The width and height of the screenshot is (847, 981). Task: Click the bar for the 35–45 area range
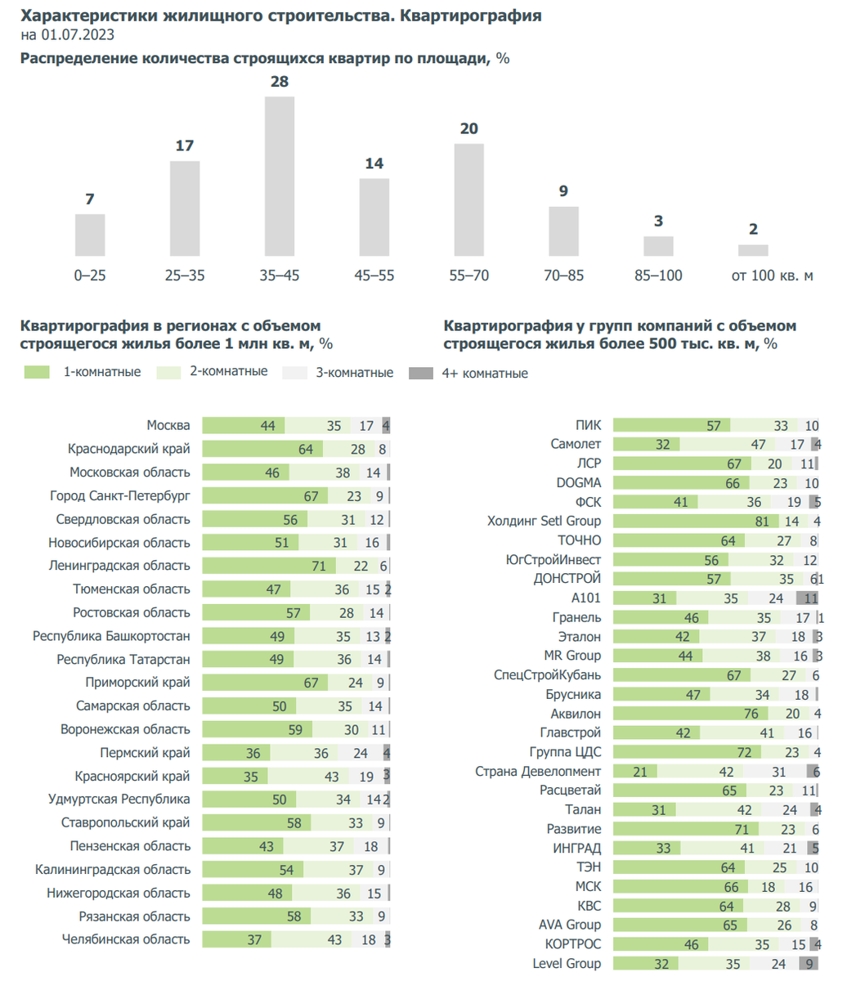[280, 176]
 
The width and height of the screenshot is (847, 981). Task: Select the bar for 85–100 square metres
[658, 246]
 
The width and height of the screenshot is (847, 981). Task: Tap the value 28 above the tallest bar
[280, 82]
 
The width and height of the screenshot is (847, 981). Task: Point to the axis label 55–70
[469, 275]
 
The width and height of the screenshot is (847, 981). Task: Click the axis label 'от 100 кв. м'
[772, 275]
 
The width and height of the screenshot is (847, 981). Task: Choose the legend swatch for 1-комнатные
[38, 373]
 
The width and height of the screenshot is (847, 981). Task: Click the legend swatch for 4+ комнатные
[420, 374]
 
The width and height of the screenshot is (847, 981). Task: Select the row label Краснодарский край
[129, 449]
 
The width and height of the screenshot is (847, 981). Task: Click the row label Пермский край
[145, 753]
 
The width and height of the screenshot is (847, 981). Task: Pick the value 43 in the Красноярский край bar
[332, 777]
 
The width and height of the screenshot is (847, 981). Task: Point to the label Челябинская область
[126, 940]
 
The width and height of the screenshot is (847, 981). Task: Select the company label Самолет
[576, 444]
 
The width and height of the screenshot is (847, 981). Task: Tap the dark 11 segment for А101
[808, 598]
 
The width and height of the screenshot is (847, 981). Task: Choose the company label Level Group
[567, 964]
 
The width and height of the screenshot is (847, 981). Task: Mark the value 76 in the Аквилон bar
[751, 714]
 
